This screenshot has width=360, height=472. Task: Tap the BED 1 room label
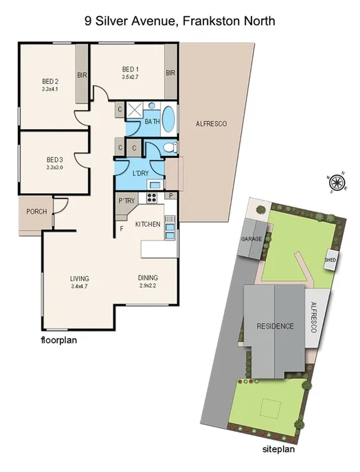(131, 69)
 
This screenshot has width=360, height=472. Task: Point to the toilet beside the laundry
(170, 147)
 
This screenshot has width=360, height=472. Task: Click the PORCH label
(36, 212)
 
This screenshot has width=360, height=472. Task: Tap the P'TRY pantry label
(126, 201)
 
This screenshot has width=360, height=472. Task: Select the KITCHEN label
(148, 225)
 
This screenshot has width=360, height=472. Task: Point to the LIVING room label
(80, 278)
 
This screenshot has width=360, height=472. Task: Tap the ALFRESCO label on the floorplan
(211, 124)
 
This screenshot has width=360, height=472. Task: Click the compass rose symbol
(337, 182)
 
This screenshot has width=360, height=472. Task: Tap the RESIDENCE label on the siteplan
(275, 326)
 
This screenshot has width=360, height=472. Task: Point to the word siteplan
(279, 450)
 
